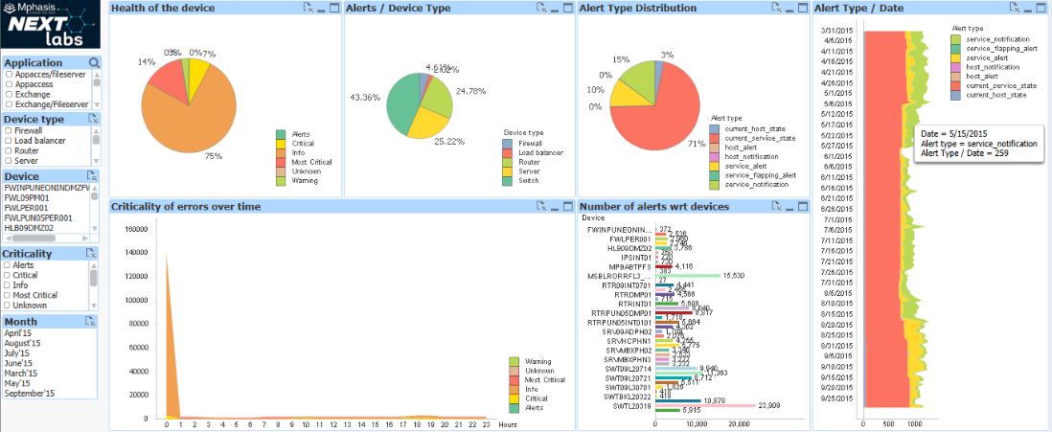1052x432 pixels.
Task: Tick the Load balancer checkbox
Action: coord(9,140)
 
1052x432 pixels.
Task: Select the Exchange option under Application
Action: coord(9,94)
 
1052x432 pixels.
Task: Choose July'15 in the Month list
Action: coord(18,353)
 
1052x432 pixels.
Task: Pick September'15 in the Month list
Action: coord(30,393)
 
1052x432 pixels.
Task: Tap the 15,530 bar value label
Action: coord(734,276)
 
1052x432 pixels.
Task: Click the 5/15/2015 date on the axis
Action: coord(839,127)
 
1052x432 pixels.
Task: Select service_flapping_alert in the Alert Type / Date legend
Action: coord(1001,47)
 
